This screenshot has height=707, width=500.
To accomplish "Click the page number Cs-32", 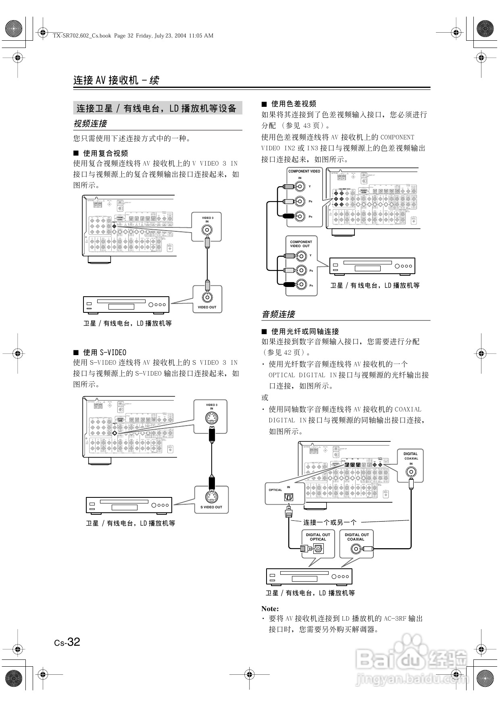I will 67,642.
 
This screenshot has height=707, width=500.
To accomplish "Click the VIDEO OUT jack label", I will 207,307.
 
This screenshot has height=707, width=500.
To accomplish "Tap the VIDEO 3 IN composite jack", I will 207,230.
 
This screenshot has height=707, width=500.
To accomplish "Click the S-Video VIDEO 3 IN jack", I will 211,418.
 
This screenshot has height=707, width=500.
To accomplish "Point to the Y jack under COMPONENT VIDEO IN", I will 300,186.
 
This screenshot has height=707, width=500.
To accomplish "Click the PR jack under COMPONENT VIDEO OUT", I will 300,285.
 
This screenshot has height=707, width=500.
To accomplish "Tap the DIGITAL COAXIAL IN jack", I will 411,472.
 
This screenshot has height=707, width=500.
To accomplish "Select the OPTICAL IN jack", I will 289,497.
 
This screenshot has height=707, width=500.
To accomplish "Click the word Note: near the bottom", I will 270,609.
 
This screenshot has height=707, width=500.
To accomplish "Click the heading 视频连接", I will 90,124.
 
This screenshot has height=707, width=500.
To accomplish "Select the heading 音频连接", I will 279,314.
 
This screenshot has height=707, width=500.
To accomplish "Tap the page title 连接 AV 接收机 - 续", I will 116,80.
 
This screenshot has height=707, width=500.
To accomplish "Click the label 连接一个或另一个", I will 330,522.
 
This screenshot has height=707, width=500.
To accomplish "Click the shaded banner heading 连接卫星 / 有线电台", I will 157,108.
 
